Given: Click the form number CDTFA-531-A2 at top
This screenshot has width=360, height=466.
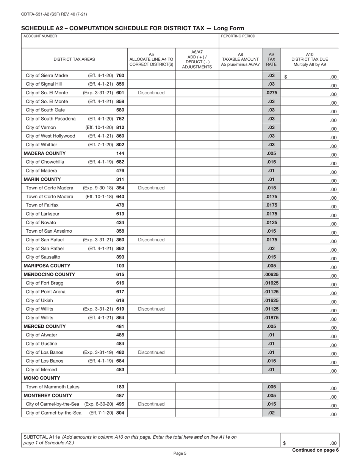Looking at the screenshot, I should tap(54, 14).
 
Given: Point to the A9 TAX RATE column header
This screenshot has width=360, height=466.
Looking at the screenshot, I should tap(271, 59).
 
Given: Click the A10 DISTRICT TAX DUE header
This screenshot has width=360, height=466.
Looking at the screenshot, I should tap(310, 59).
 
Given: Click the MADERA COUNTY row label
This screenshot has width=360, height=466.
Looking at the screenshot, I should tap(45, 153).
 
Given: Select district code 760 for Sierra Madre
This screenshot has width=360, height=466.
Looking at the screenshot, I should tap(120, 76).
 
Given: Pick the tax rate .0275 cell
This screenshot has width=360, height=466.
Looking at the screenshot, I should tap(271, 93).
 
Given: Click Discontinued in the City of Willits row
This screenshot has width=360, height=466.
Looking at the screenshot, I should tap(151, 309).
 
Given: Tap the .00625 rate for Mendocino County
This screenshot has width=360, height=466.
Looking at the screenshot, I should tap(271, 274).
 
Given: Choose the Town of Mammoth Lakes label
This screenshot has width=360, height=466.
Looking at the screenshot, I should tap(53, 387).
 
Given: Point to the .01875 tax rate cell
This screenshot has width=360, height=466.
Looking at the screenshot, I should tap(271, 317).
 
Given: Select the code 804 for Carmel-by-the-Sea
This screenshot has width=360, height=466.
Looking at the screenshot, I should tap(120, 413).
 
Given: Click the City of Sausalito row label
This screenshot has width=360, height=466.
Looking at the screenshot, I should tap(43, 257).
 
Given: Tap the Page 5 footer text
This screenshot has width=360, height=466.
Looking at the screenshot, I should tap(180, 453).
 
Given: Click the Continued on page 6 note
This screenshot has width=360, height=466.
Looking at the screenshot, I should tap(315, 450).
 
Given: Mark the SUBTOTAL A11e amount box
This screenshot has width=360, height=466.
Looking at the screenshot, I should tap(310, 440).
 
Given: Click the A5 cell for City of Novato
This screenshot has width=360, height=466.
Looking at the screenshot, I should tap(151, 222).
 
